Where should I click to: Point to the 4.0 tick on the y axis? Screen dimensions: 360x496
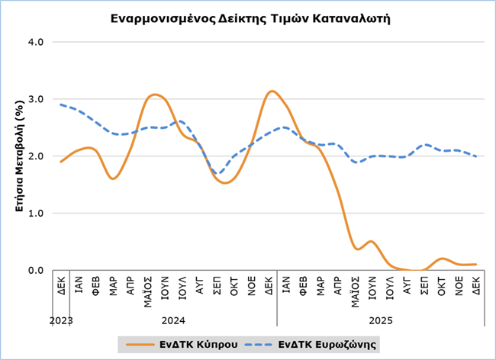point(34,41)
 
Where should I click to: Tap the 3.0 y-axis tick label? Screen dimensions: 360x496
point(34,98)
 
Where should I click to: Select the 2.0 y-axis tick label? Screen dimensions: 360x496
point(34,156)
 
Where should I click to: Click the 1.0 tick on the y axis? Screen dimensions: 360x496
point(34,213)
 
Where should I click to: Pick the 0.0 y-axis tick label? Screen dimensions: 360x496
point(34,270)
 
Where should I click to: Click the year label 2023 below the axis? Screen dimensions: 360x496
point(61,322)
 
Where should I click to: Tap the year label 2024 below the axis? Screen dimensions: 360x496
point(174,322)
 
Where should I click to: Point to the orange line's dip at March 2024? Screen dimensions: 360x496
point(113,178)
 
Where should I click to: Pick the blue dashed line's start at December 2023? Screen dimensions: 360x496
point(61,104)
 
